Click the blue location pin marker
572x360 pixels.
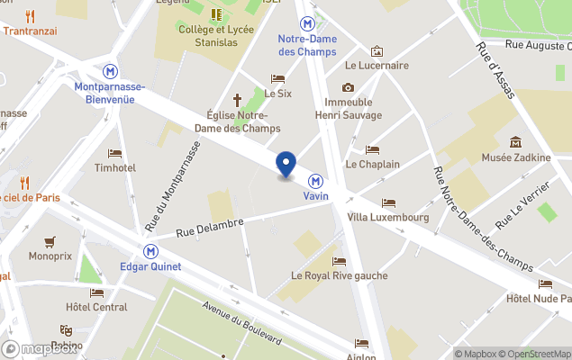(x=286, y=165)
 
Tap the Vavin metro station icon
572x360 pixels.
(x=316, y=179)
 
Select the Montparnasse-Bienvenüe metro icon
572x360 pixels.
(x=110, y=70)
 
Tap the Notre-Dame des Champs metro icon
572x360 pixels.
(x=308, y=23)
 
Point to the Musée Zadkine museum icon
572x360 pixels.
(x=516, y=141)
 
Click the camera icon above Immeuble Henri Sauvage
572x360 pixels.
(x=348, y=87)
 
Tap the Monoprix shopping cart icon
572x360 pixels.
(x=50, y=240)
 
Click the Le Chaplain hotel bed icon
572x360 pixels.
(x=372, y=150)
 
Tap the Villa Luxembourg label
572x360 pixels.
(x=387, y=217)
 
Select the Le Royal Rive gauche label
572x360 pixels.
(x=339, y=275)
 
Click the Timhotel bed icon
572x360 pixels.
(x=114, y=154)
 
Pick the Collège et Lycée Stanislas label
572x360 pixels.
(x=216, y=34)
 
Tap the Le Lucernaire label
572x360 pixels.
(x=377, y=66)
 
